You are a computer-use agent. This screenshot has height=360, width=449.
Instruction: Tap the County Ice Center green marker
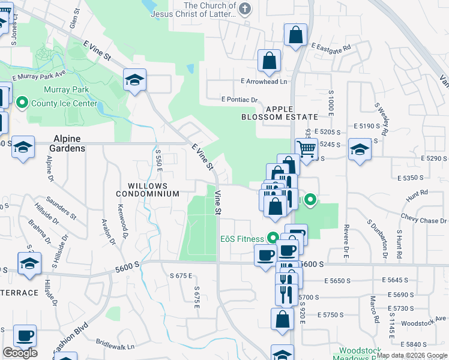(22, 103)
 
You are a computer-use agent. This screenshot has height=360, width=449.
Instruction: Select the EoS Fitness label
(242, 239)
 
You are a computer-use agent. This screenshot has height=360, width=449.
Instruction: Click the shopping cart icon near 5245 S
(306, 148)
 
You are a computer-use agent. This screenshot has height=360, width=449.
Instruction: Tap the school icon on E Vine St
(135, 79)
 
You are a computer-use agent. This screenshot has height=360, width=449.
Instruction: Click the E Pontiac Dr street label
(239, 100)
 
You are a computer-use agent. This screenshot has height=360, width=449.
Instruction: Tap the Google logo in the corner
(19, 353)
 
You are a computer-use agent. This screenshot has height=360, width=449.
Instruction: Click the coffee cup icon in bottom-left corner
(25, 336)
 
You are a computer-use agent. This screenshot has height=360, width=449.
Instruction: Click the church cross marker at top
(244, 9)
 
